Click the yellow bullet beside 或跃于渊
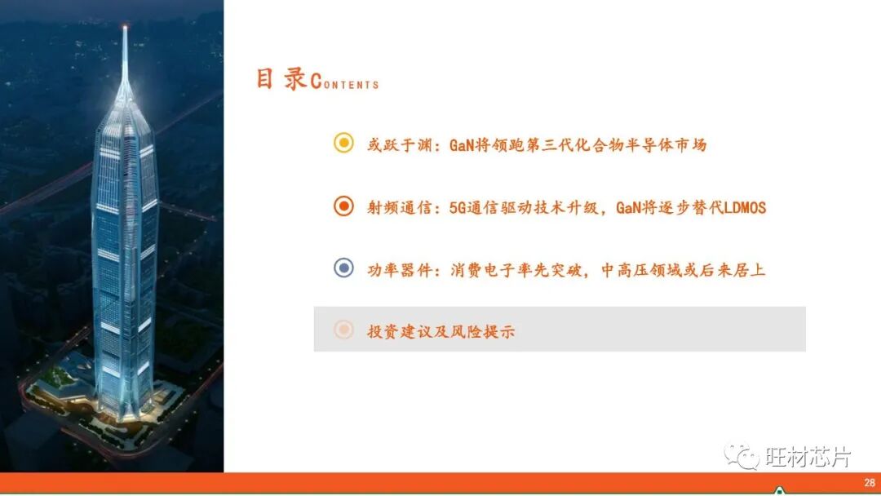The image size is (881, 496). tap(344, 144)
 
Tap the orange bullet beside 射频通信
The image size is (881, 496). tap(344, 206)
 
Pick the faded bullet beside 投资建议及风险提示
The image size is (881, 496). tap(344, 330)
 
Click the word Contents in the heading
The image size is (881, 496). tap(344, 82)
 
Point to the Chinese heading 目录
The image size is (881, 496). tap(281, 79)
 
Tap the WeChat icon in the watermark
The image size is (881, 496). tap(742, 455)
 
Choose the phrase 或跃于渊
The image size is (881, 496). tap(397, 145)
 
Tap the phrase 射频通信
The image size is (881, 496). tap(397, 207)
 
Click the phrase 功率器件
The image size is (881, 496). tap(397, 269)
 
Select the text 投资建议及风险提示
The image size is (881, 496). tap(441, 331)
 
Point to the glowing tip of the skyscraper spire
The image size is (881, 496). tap(125, 29)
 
